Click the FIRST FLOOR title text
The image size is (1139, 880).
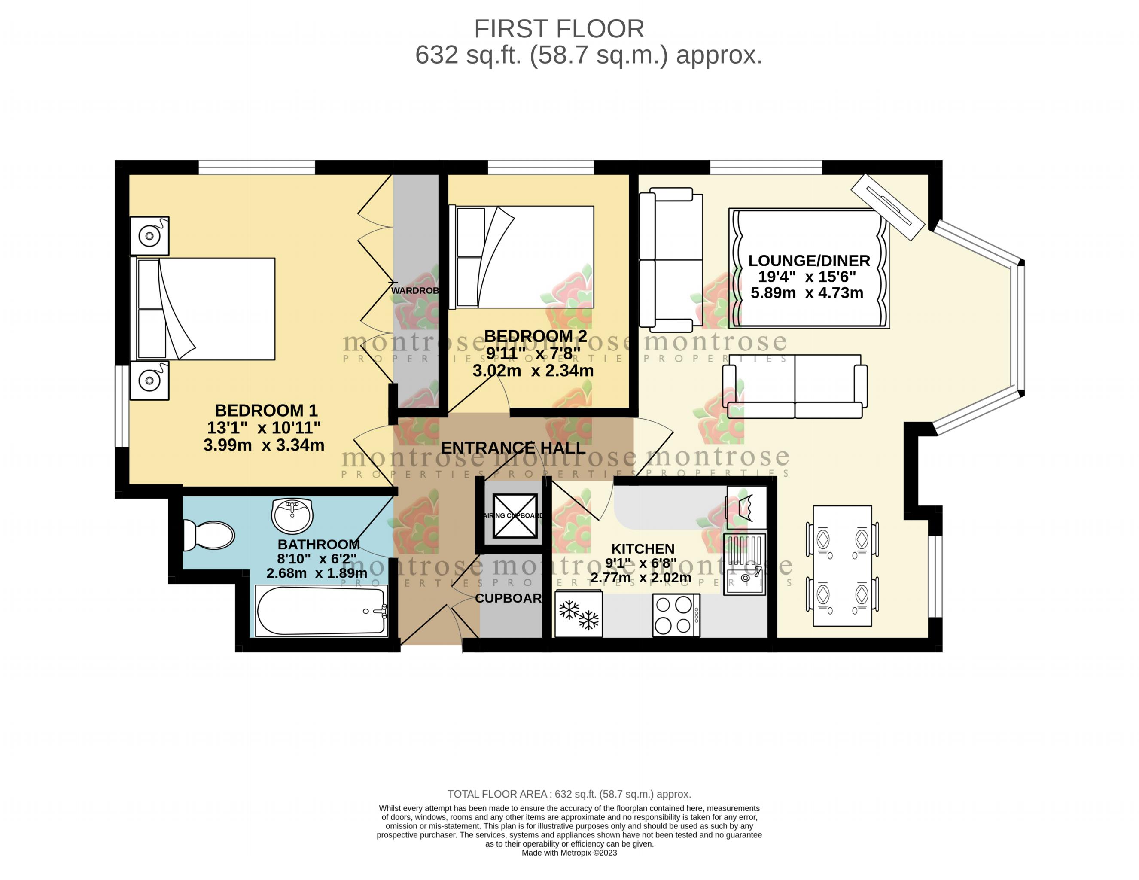click(558, 29)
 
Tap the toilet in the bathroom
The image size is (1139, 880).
click(209, 535)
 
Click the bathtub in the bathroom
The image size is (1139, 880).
click(321, 611)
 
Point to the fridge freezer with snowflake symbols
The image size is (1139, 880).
click(579, 614)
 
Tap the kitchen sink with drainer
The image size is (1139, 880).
click(744, 563)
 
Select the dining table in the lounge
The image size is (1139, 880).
click(842, 566)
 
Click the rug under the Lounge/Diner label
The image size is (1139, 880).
click(808, 269)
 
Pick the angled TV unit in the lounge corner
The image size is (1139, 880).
click(888, 207)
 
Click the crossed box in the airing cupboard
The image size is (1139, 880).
click(515, 515)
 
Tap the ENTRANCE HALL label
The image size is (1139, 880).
click(513, 448)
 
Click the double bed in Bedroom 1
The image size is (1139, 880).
click(206, 309)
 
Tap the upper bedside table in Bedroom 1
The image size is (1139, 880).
click(149, 236)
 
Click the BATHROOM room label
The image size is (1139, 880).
click(318, 544)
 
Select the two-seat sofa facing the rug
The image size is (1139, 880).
click(794, 387)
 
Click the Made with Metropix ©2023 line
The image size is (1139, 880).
click(569, 853)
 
